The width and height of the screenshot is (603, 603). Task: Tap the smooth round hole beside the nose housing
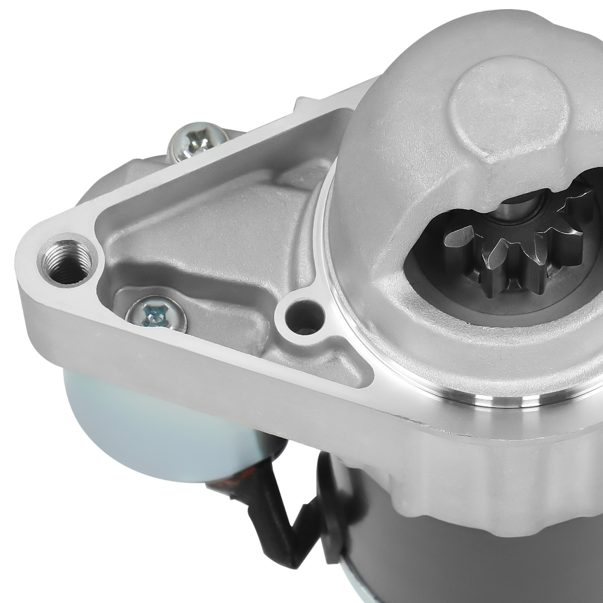[305, 315]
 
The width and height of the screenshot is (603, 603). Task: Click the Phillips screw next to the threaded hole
[156, 314]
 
